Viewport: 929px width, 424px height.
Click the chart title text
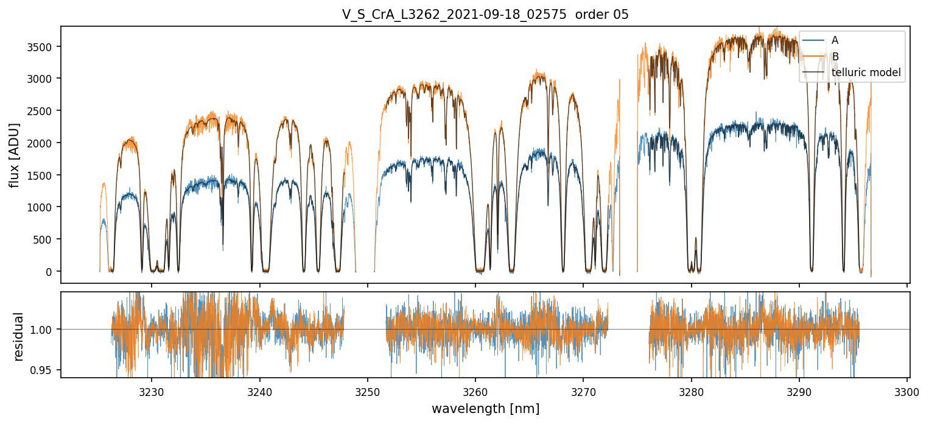[485, 15]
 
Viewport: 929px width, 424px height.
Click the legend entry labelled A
[835, 40]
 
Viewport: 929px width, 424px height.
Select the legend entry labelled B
[835, 57]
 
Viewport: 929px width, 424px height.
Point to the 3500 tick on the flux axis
[43, 47]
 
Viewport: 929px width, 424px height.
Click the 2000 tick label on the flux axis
[43, 143]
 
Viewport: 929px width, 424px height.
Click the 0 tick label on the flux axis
[51, 272]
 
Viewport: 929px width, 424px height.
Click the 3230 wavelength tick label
[152, 392]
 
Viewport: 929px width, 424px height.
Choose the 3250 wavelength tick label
[368, 392]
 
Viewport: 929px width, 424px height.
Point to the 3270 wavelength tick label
[583, 392]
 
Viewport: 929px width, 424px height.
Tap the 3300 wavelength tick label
[907, 392]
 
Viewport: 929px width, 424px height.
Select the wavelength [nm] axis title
[485, 409]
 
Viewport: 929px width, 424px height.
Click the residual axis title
[18, 336]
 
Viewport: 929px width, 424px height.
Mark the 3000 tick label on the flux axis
[43, 79]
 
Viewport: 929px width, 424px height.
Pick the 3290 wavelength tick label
[799, 392]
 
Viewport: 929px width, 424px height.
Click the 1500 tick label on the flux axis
[43, 175]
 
